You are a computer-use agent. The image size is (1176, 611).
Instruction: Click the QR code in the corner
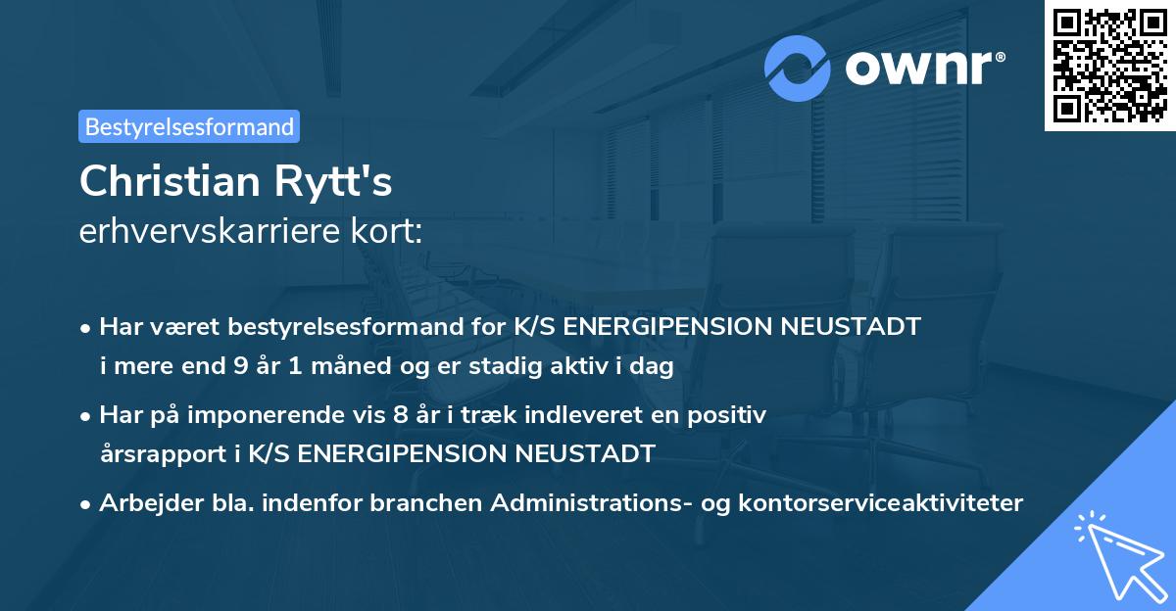click(x=1109, y=66)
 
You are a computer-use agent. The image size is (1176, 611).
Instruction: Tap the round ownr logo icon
click(x=798, y=68)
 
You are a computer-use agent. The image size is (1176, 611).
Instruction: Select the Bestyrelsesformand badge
click(x=189, y=126)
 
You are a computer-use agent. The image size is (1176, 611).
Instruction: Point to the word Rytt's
click(x=338, y=183)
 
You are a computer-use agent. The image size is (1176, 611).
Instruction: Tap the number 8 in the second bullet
click(x=399, y=415)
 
